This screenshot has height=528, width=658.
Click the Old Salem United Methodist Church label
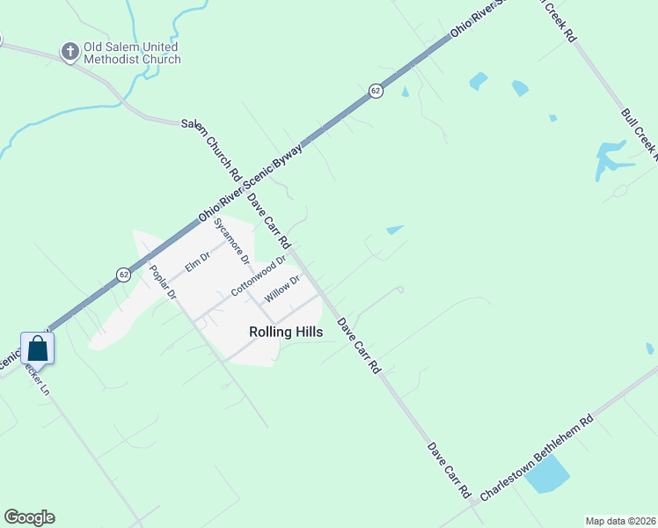[x=131, y=53]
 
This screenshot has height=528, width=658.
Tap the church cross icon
[x=70, y=53]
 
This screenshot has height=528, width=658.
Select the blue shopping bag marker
[x=38, y=347]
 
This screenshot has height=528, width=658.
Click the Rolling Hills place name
[x=285, y=332]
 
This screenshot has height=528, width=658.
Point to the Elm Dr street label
[x=197, y=261]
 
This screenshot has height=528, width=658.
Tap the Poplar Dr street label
[x=164, y=282]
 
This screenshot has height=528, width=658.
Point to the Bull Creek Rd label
[x=639, y=136]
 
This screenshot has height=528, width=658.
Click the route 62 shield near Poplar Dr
[x=122, y=275]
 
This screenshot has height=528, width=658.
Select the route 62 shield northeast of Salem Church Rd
[x=376, y=92]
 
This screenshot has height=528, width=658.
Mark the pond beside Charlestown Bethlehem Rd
[x=547, y=475]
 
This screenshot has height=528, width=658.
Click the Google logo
[x=29, y=517]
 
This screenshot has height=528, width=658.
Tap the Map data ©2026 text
[x=620, y=521]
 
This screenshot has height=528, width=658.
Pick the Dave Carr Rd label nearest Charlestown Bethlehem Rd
[x=450, y=471]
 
